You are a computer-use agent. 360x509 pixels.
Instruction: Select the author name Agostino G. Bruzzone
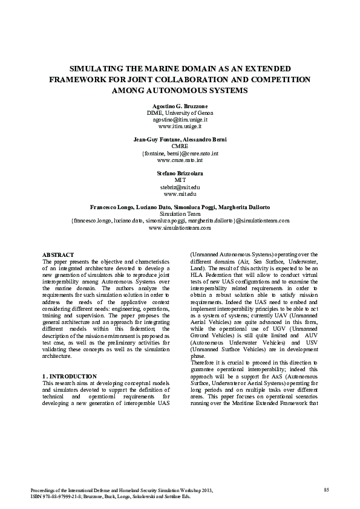180,105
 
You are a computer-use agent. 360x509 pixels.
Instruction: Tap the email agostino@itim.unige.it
180,120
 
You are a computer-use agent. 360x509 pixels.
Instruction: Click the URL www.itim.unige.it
180,127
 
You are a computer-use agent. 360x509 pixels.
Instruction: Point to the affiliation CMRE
180,146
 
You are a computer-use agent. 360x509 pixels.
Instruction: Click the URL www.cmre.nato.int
180,161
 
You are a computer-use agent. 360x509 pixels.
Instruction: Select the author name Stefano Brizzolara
180,173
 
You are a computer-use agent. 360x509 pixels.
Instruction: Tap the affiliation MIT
180,180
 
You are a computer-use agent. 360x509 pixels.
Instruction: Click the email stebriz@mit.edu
180,187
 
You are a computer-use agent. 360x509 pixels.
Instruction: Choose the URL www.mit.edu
180,194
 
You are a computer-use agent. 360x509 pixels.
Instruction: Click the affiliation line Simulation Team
180,214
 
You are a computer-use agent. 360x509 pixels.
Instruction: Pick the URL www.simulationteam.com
180,228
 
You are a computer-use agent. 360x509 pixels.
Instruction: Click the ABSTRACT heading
58,255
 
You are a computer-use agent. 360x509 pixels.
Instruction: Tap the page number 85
327,488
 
